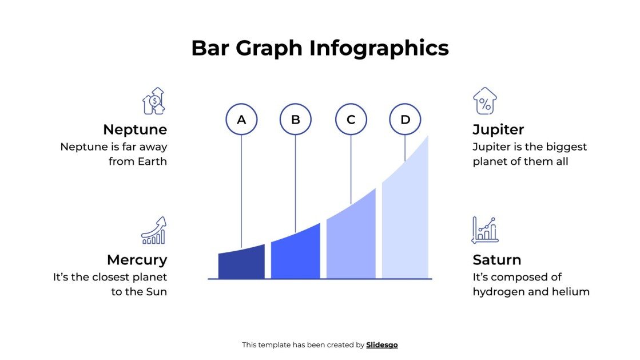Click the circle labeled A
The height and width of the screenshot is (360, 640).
tap(241, 120)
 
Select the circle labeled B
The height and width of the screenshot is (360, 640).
tap(296, 120)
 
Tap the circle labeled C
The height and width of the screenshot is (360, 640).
tap(351, 120)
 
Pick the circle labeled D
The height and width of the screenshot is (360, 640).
tap(406, 120)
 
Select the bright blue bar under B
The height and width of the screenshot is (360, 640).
tap(296, 255)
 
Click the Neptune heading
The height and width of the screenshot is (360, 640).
tap(135, 129)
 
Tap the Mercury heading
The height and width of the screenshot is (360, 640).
tap(137, 260)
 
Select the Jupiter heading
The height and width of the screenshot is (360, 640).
tap(498, 129)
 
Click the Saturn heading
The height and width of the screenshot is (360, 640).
tap(496, 260)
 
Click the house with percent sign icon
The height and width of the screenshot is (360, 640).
tap(484, 101)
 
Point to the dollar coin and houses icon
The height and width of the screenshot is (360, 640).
tap(154, 101)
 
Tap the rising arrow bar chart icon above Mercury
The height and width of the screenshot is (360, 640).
tap(154, 231)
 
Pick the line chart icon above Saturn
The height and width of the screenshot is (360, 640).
tap(484, 230)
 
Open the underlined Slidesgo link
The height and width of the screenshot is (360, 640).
tap(382, 345)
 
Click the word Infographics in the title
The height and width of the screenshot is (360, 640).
tap(379, 48)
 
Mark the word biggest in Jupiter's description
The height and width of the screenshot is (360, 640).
tap(548, 147)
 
